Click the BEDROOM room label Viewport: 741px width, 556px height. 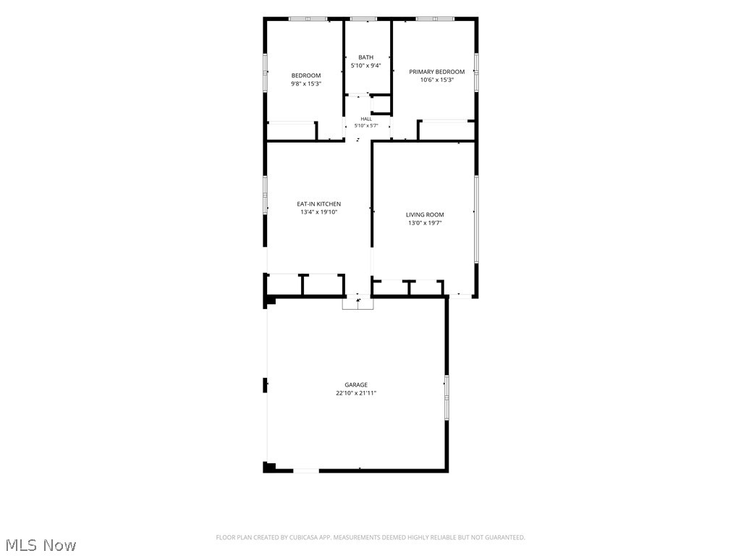tap(306, 75)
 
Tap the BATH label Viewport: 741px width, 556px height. tap(365, 57)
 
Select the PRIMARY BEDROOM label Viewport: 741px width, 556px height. tap(436, 72)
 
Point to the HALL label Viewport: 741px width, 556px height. tap(366, 119)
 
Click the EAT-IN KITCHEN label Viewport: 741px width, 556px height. tap(318, 204)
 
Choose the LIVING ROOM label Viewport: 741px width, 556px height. tap(425, 214)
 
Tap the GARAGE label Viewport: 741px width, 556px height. tap(356, 385)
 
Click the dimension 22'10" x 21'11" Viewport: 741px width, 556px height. tap(356, 393)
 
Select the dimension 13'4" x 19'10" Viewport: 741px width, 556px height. tap(318, 212)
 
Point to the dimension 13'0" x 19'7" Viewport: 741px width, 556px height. tap(425, 223)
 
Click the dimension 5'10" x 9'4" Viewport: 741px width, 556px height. tap(365, 66)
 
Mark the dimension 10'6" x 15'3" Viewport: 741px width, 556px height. tap(436, 80)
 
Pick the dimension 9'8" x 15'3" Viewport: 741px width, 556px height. tap(306, 84)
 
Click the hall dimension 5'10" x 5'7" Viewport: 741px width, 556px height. tap(366, 126)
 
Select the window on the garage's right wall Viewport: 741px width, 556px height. tap(446, 397)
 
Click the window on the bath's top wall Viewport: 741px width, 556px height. tap(364, 19)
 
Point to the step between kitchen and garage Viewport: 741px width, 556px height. tap(357, 303)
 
